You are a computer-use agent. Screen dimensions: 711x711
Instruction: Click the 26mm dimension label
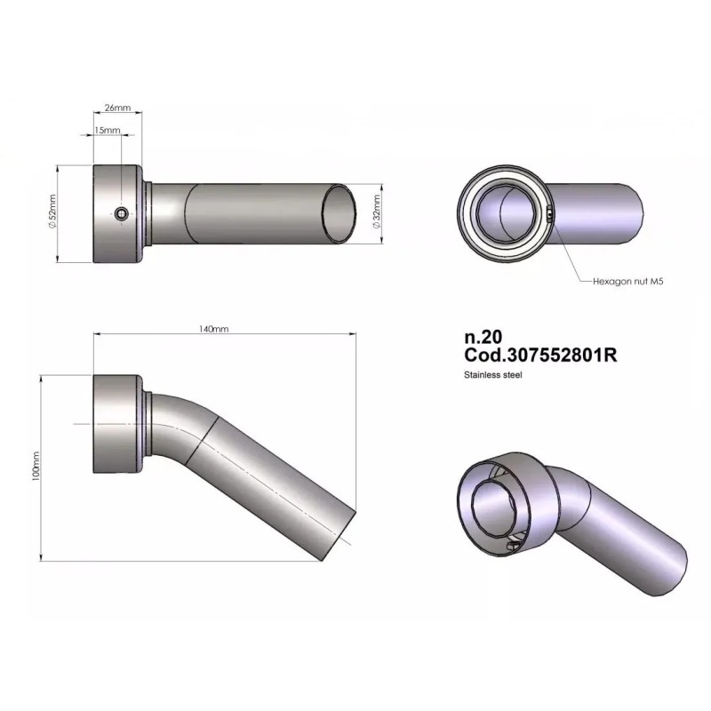(x=117, y=108)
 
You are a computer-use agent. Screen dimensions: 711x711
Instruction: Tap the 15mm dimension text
(x=108, y=130)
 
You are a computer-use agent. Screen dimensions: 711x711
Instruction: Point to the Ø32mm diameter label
(x=376, y=212)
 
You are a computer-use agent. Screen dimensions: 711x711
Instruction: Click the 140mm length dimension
(x=213, y=329)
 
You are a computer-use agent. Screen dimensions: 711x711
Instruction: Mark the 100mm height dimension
(x=36, y=466)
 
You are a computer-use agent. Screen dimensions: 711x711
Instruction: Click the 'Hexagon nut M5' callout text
(x=628, y=281)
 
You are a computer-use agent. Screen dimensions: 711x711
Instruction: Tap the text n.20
(x=483, y=337)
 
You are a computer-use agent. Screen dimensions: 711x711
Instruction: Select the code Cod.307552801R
(x=540, y=355)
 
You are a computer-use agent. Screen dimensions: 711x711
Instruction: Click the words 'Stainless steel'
(x=493, y=375)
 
